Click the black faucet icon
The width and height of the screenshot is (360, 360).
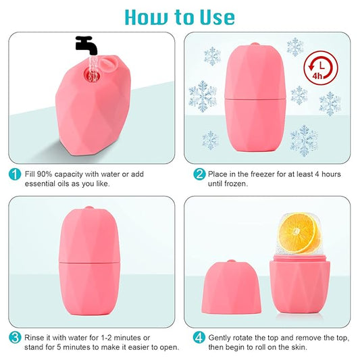coord(86,44)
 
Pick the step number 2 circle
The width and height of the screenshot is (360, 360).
coord(199,174)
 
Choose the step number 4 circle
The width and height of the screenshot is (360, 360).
coord(199,337)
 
